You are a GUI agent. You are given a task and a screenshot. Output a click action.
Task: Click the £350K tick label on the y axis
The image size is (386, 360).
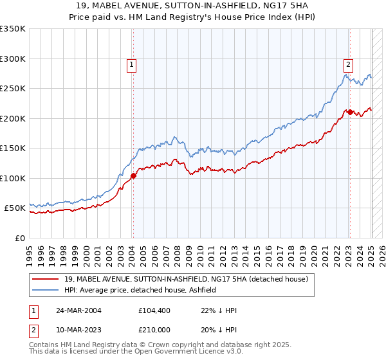pyautogui.click(x=13, y=29)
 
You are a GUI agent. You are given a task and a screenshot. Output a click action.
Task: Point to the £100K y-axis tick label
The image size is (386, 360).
pyautogui.click(x=13, y=178)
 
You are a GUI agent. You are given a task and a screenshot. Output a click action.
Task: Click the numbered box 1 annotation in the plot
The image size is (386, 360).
pyautogui.click(x=131, y=64)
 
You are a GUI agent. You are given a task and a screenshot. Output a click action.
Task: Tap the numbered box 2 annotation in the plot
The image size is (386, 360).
pyautogui.click(x=347, y=64)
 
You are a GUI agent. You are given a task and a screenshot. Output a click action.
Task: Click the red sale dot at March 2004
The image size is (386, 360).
pyautogui.click(x=133, y=175)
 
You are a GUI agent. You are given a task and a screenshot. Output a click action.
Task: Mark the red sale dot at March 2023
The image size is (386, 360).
pyautogui.click(x=349, y=113)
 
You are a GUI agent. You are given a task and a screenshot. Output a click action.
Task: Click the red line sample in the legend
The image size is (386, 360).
pyautogui.click(x=46, y=279)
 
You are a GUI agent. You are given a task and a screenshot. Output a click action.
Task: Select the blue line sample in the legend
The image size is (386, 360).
pyautogui.click(x=46, y=290)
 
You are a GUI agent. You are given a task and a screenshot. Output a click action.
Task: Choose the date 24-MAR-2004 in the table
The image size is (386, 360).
pyautogui.click(x=73, y=310)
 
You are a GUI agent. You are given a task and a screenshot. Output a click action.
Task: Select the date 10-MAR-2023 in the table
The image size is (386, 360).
pyautogui.click(x=73, y=330)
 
